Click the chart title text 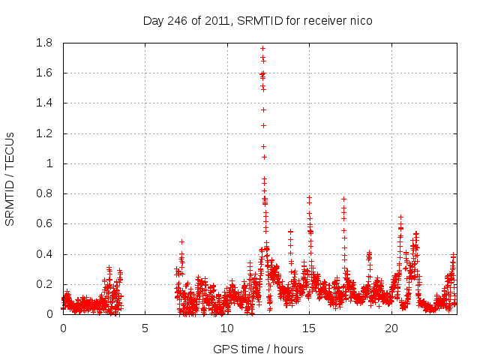coord(257,20)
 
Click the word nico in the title coord(360,20)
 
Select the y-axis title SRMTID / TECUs coord(10,178)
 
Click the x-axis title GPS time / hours coord(257,349)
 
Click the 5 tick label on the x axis coord(145,328)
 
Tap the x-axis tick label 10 coord(227,328)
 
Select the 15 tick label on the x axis coord(309,328)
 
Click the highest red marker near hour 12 coord(262,48)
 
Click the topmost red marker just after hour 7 coord(181,241)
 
